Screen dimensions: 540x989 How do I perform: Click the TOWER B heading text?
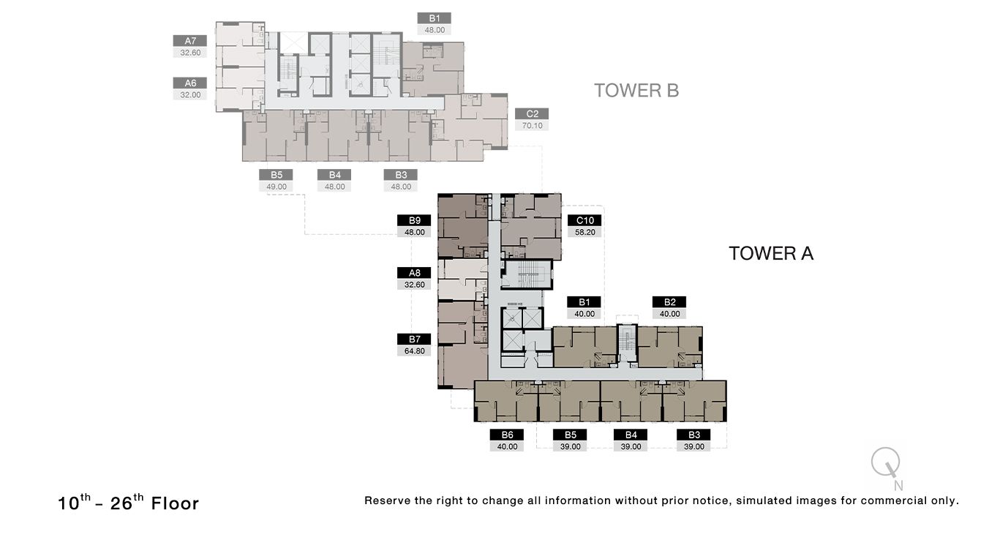pyautogui.click(x=636, y=91)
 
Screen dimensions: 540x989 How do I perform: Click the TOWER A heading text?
pyautogui.click(x=770, y=254)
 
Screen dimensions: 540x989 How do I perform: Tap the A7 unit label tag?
pyautogui.click(x=189, y=41)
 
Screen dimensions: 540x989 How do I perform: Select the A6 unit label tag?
pyautogui.click(x=189, y=83)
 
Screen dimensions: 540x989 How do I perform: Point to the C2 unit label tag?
pyautogui.click(x=532, y=114)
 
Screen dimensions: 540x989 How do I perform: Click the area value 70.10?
pyautogui.click(x=532, y=126)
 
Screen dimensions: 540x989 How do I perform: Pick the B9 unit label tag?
pyautogui.click(x=414, y=220)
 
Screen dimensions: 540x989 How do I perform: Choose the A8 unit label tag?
pyautogui.click(x=414, y=273)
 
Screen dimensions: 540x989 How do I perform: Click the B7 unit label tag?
pyautogui.click(x=414, y=339)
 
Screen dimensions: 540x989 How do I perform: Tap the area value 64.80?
pyautogui.click(x=414, y=350)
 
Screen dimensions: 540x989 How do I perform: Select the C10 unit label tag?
pyautogui.click(x=584, y=220)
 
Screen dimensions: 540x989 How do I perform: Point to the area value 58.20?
pyautogui.click(x=584, y=232)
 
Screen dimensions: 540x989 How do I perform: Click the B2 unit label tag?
pyautogui.click(x=669, y=302)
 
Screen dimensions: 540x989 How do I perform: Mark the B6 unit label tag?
pyautogui.click(x=507, y=435)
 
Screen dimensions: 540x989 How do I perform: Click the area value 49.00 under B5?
pyautogui.click(x=277, y=187)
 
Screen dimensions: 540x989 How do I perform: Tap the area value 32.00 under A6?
pyautogui.click(x=189, y=95)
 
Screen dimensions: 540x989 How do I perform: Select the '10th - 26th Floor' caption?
pyautogui.click(x=129, y=503)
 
